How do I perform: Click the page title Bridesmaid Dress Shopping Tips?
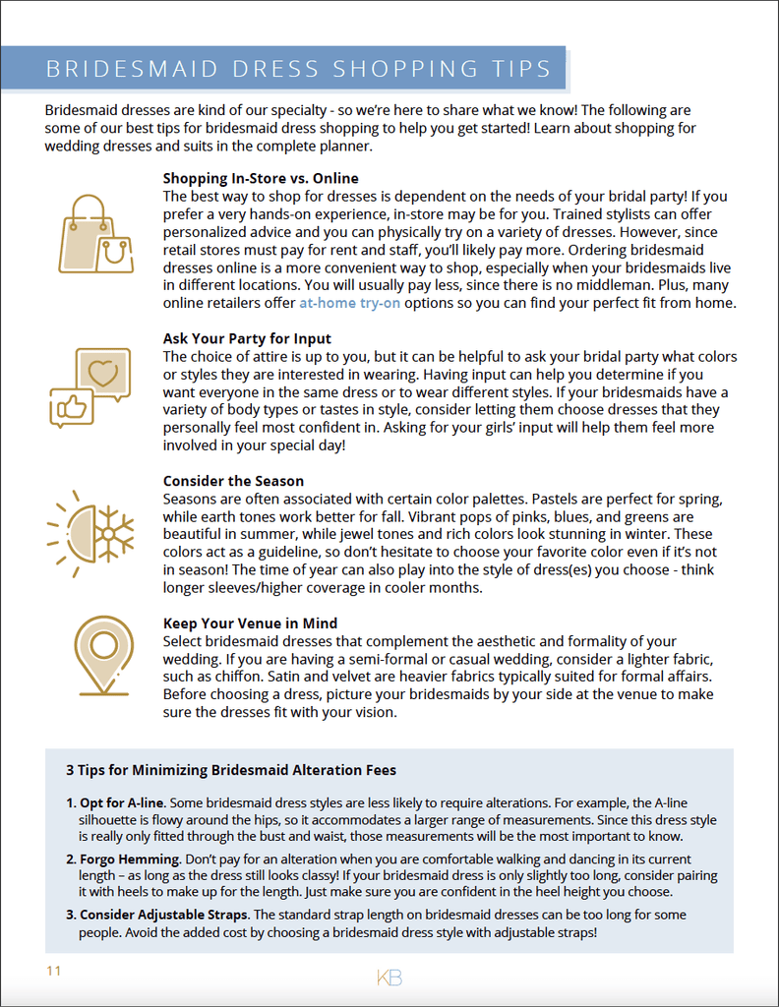299,69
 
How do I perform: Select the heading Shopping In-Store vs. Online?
261,178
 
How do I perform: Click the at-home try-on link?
349,303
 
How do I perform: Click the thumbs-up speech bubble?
72,406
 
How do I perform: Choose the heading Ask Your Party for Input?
247,339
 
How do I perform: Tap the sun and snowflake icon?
90,533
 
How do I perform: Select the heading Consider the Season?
233,481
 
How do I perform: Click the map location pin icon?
103,654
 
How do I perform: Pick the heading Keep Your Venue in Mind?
250,622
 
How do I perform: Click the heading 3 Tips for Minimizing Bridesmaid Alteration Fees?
231,769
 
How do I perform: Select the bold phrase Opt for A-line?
122,803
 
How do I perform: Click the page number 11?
53,971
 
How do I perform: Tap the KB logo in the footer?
389,977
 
